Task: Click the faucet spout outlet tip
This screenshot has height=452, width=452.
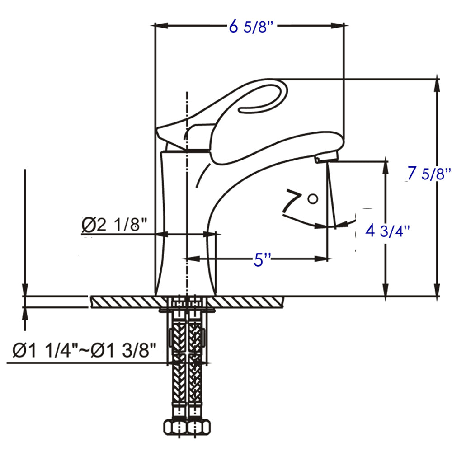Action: pyautogui.click(x=327, y=158)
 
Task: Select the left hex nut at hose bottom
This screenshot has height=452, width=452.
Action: pyautogui.click(x=174, y=427)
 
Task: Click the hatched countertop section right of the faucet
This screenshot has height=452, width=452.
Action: pyautogui.click(x=249, y=301)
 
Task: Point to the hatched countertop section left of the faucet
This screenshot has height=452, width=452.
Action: pyautogui.click(x=122, y=301)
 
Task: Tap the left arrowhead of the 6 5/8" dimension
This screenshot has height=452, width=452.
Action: pyautogui.click(x=161, y=26)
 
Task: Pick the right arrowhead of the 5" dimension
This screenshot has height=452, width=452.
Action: pyautogui.click(x=321, y=259)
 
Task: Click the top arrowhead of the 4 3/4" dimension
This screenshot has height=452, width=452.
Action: pyautogui.click(x=386, y=165)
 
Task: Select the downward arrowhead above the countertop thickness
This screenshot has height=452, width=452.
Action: pyautogui.click(x=25, y=289)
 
